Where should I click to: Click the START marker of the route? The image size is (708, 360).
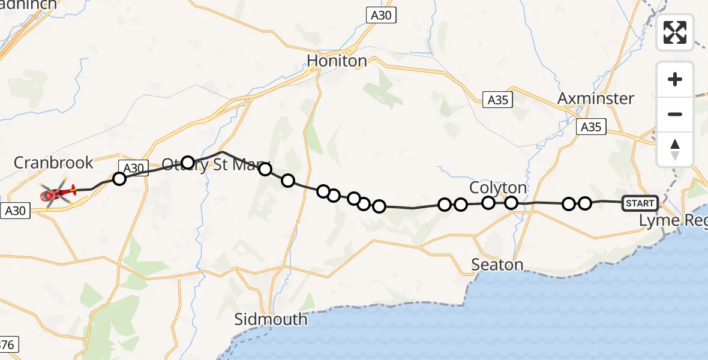(640, 203)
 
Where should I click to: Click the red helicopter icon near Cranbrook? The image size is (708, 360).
(58, 193)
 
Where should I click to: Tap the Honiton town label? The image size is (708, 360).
(337, 61)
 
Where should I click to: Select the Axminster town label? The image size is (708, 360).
(595, 98)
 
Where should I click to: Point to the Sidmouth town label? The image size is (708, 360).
(271, 319)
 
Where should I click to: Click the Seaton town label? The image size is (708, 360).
(497, 265)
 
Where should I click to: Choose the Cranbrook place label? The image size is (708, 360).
(53, 163)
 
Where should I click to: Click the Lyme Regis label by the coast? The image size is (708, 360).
(672, 220)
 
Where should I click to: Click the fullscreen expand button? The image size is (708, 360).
(675, 32)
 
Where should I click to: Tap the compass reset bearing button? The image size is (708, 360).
(675, 149)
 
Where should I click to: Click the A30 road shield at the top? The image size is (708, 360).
(381, 16)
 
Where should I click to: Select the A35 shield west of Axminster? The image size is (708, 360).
(498, 100)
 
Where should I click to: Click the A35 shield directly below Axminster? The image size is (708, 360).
(591, 127)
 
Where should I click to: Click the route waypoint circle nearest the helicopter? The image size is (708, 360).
(119, 178)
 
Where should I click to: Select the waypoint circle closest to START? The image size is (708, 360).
(585, 203)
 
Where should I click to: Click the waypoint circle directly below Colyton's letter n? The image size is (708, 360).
(511, 203)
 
